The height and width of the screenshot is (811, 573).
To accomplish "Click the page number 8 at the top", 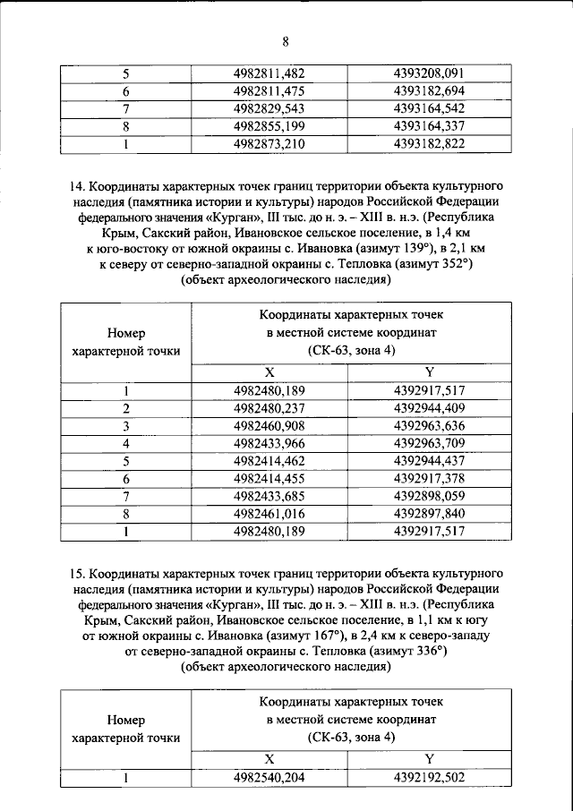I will click(286, 41).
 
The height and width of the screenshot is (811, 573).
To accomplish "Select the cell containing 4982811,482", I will click(269, 74).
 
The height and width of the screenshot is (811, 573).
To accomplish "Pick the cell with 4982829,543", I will click(269, 108).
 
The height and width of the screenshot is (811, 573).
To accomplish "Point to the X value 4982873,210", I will click(269, 142).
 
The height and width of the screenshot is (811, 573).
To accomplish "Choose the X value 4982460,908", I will click(269, 425).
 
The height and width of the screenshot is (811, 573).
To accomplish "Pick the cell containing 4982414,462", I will click(269, 459).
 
